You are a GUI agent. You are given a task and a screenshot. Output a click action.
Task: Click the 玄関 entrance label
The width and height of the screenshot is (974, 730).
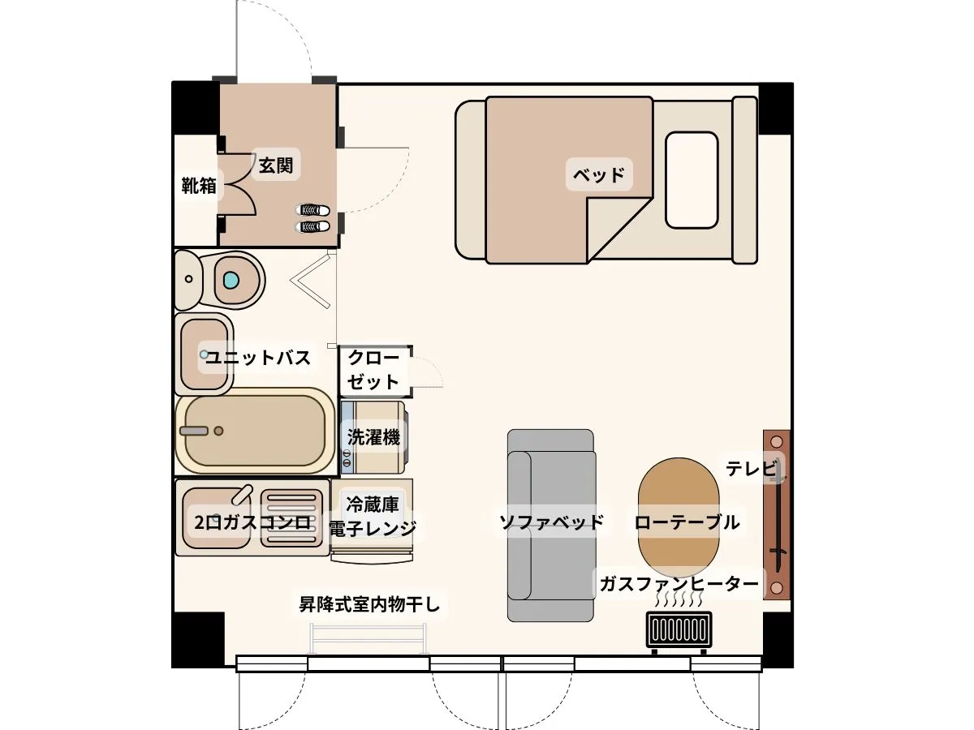coord(275,165)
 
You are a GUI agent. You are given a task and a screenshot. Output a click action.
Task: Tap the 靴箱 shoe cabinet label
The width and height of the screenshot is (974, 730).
coord(199,185)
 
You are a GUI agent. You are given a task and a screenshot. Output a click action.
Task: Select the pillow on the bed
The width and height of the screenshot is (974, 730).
coord(692,180)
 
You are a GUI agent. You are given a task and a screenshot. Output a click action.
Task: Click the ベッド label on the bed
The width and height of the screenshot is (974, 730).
coord(598,174)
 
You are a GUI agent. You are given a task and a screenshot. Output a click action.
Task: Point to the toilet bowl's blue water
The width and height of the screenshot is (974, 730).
coord(231,280)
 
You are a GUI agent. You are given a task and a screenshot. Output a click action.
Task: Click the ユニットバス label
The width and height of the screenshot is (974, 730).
coord(258,357)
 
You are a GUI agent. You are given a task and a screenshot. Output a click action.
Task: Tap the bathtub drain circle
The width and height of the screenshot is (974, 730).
coord(218,431)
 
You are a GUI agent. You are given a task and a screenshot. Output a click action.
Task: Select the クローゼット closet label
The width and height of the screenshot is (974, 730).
coord(373,370)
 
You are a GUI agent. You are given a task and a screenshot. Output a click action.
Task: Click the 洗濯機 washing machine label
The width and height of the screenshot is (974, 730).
coord(373,437)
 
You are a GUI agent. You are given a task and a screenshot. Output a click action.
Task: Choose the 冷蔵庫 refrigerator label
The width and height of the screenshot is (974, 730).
coord(373,505)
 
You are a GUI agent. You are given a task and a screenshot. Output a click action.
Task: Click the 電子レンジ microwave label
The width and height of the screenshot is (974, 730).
coord(373,528)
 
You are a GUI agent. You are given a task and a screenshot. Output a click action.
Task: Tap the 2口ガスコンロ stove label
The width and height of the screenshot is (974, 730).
coord(252,522)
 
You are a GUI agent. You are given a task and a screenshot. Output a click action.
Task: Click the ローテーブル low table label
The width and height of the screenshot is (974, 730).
coord(687,522)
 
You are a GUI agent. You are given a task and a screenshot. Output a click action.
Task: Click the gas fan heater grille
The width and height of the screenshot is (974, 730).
coord(679,630)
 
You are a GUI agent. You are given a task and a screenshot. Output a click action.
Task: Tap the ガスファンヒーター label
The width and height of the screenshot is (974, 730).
coord(679,584)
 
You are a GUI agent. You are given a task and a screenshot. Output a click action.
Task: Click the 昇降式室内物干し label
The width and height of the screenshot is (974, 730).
coord(369,604)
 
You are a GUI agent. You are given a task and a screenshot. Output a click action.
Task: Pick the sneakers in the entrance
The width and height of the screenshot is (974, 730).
coord(312,218)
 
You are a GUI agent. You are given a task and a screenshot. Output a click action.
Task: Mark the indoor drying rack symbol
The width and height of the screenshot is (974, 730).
coord(369,638)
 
